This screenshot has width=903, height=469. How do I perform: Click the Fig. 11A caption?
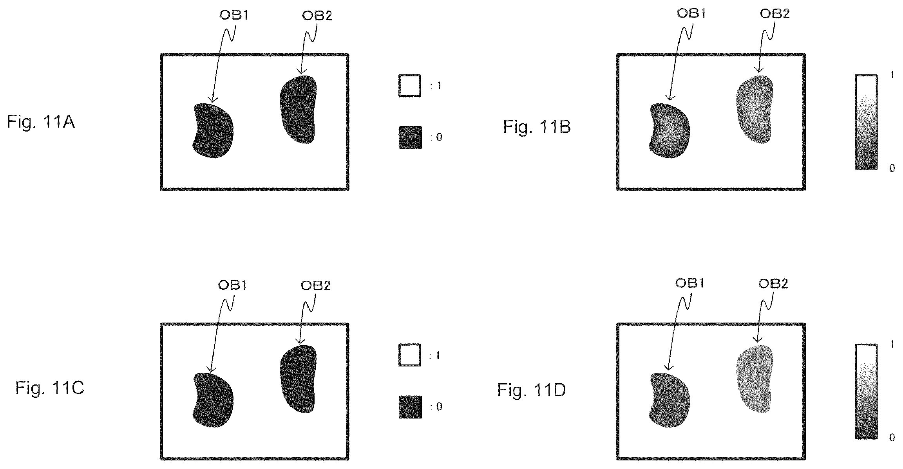[x=41, y=122]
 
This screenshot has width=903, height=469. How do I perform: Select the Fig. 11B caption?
[x=537, y=127]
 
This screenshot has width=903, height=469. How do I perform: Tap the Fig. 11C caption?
[x=50, y=388]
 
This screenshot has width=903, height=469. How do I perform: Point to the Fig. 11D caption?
[x=532, y=390]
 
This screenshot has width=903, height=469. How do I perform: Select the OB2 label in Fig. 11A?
[x=317, y=16]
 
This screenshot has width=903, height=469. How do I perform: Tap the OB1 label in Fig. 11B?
[x=691, y=13]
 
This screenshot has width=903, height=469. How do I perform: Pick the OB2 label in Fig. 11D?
[x=773, y=283]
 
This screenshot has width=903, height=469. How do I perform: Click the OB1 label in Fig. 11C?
[x=233, y=285]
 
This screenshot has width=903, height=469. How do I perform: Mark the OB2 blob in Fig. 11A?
[x=299, y=110]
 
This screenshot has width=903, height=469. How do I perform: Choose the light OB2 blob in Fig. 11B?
[x=755, y=110]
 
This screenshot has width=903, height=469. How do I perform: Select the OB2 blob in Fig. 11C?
[x=299, y=379]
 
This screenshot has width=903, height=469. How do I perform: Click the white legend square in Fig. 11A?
[x=410, y=85]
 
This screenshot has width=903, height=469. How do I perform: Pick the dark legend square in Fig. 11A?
[x=410, y=137]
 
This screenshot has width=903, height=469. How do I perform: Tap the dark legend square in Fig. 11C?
[x=410, y=407]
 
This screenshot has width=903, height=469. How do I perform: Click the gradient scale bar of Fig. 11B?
[x=866, y=122]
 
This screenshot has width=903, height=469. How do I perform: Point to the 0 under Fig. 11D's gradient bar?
[x=892, y=438]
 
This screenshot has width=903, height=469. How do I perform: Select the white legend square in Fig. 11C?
[x=410, y=355]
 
